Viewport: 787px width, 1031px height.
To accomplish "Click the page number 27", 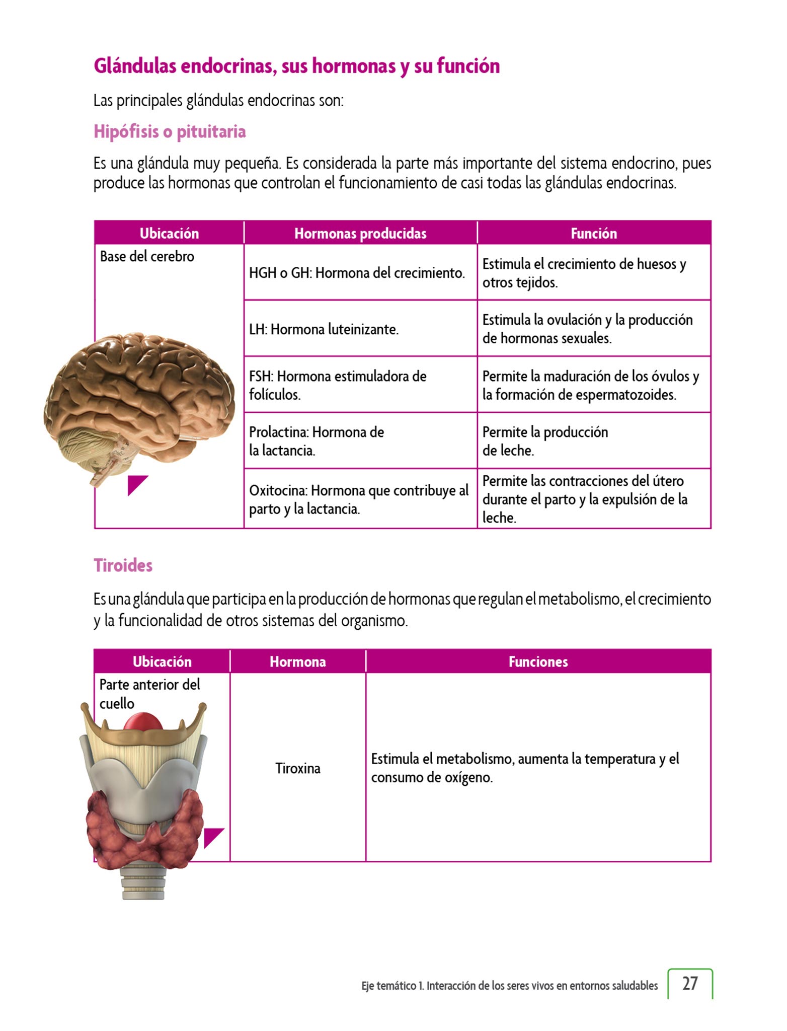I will point(690,983).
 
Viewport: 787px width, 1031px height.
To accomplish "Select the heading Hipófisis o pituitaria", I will point(170,132).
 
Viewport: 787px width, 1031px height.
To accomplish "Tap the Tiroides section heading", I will point(123,565).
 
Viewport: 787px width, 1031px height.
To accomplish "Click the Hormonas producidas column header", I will point(360,234).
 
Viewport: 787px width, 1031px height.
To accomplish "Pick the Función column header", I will point(594,234).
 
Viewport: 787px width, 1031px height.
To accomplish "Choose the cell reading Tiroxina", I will point(298,768).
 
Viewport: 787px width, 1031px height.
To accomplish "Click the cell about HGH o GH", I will point(357,273).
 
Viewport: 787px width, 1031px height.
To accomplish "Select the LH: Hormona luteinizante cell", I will point(324,330).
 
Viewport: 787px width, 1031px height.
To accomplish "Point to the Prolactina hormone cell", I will point(317,441).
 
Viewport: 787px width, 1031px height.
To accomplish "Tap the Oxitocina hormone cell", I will point(358,499).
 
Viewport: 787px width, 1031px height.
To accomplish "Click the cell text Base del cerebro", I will point(147,257).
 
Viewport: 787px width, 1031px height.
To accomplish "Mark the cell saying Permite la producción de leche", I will point(545,441).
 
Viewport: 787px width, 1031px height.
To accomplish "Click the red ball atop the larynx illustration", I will point(143,722).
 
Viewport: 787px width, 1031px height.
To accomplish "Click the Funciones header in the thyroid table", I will point(538,661).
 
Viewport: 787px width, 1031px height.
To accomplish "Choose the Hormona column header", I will point(298,661).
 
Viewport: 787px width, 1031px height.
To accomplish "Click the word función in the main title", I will point(468,66).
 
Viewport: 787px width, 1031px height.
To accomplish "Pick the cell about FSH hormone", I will point(338,385).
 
